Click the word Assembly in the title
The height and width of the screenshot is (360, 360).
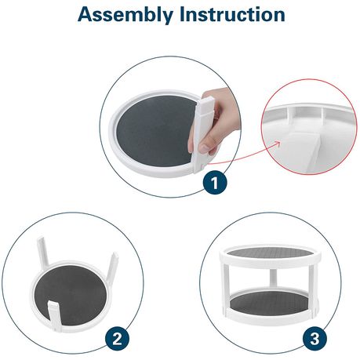coord(125,15)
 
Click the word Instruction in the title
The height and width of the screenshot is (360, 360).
coord(232,14)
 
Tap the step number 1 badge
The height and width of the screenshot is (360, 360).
coord(215,183)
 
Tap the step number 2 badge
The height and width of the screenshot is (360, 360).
coord(117,340)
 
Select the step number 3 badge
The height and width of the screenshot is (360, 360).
coord(315,340)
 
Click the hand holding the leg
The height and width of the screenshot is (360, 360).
coord(216,120)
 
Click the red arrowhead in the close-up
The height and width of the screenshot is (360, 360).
coord(277,144)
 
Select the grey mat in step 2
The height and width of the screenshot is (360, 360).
coord(71,296)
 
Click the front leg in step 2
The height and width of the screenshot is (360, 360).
coord(56,316)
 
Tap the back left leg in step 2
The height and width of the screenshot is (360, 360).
coord(43,250)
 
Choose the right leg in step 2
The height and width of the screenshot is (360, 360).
coord(113,265)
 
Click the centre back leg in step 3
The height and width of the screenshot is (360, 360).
coord(272,278)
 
